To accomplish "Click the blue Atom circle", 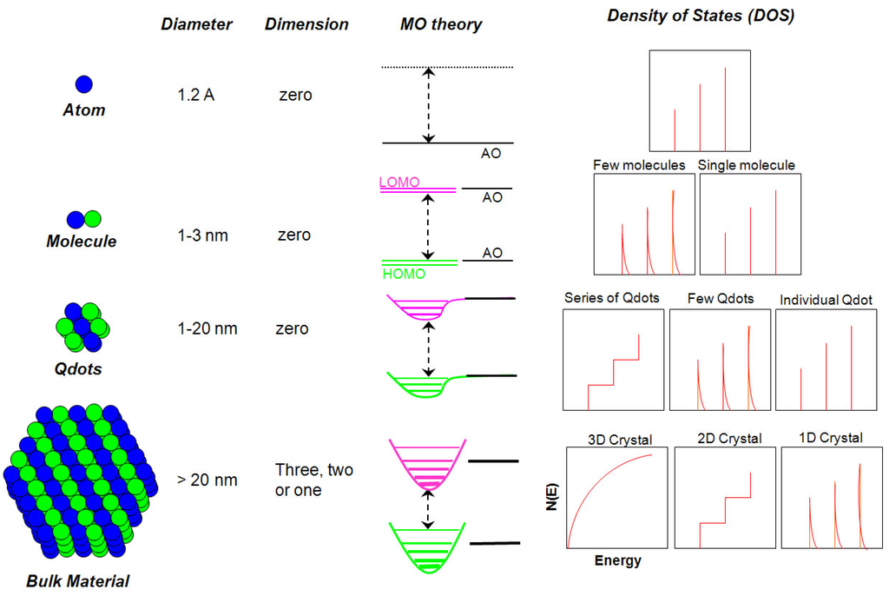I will pyautogui.click(x=84, y=84).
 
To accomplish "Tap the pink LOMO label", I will pyautogui.click(x=399, y=182).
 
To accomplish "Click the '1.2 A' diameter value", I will pyautogui.click(x=196, y=95).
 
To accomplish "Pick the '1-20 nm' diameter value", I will pyautogui.click(x=208, y=329).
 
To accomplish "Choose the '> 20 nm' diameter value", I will pyautogui.click(x=207, y=480).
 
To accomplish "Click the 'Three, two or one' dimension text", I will pyautogui.click(x=302, y=480).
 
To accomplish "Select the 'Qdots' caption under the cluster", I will pyautogui.click(x=77, y=369).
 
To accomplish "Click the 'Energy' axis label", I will pyautogui.click(x=617, y=560).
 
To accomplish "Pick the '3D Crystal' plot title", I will pyautogui.click(x=620, y=439).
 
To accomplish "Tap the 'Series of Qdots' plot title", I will pyautogui.click(x=611, y=298).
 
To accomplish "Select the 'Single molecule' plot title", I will pyautogui.click(x=747, y=164).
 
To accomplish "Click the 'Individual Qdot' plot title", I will pyautogui.click(x=826, y=300).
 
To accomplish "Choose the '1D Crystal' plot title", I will pyautogui.click(x=831, y=438).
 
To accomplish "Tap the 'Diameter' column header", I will pyautogui.click(x=197, y=24).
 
